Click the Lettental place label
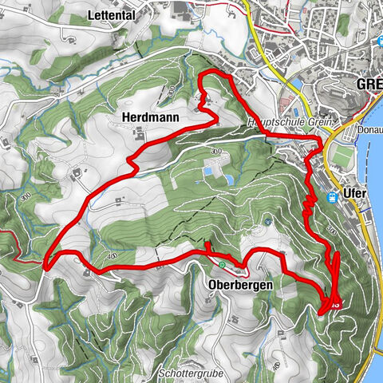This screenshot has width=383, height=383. [x=110, y=14]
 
